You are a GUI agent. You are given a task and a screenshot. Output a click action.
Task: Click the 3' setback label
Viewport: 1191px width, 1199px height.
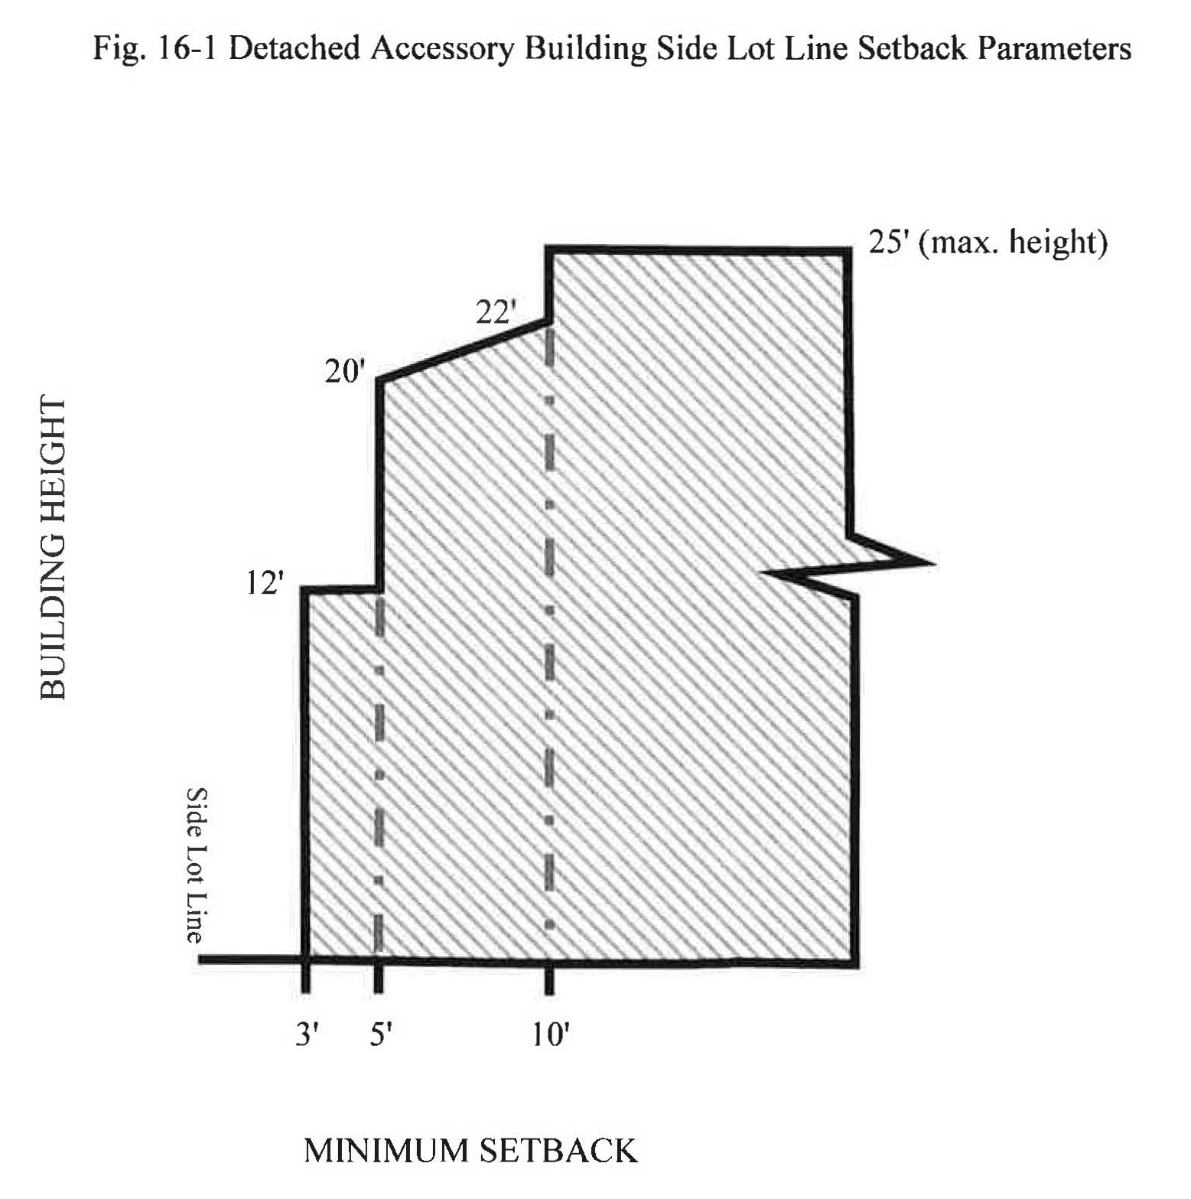307,1034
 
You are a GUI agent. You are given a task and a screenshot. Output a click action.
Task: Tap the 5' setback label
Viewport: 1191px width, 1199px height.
381,1034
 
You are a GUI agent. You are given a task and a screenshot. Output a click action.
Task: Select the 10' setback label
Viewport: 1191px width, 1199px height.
551,1034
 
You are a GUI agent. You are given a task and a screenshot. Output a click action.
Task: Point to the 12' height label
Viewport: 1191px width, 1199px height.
265,584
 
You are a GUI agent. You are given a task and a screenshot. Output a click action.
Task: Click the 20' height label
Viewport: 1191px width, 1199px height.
345,372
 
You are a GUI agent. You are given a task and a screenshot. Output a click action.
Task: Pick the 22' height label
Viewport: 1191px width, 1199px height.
496,312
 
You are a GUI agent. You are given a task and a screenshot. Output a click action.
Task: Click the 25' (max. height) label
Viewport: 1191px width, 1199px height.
988,243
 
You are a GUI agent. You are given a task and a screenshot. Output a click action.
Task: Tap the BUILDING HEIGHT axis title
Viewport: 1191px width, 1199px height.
53,548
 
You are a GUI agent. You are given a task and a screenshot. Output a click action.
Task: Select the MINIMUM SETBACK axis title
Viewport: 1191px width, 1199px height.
470,1151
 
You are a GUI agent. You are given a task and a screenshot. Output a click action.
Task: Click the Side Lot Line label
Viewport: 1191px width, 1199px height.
197,865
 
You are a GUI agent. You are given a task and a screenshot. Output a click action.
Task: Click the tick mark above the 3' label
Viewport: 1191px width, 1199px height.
306,980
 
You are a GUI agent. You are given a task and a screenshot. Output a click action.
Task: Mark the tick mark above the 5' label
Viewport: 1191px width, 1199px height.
379,980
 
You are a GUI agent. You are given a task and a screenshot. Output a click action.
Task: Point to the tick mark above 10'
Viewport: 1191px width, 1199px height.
549,980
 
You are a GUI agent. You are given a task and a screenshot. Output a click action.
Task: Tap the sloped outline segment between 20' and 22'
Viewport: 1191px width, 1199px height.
463,350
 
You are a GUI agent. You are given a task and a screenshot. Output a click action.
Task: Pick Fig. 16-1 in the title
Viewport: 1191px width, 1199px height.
156,48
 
